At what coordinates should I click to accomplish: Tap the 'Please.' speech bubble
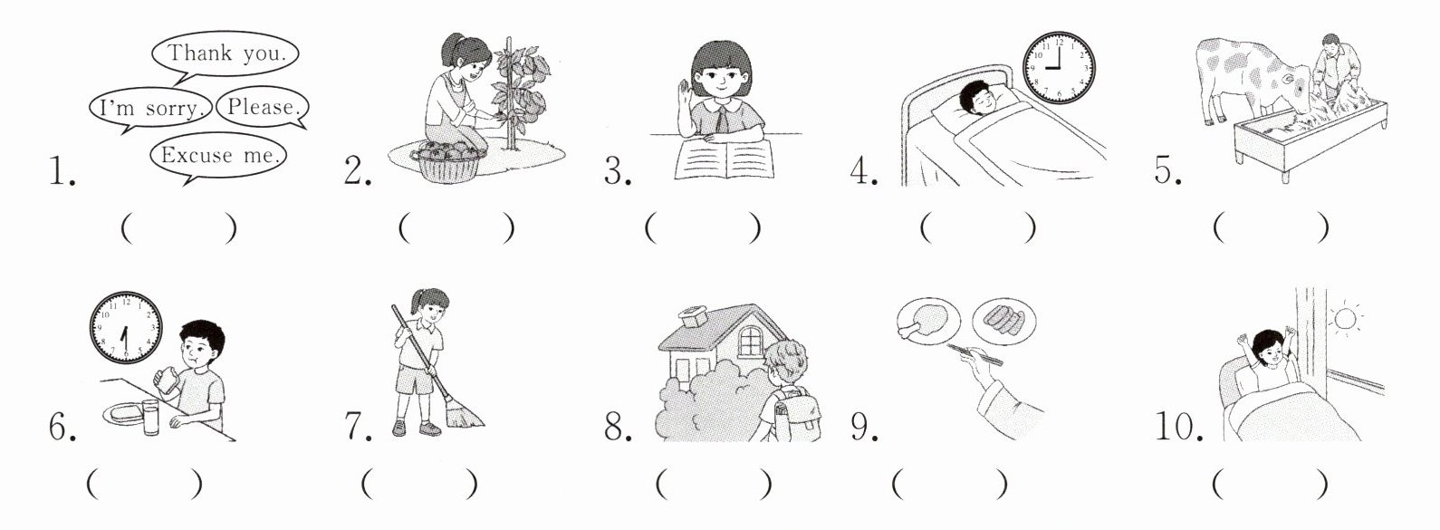263,108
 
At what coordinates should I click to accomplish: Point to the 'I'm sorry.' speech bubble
150,108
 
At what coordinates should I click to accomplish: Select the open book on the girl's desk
724,159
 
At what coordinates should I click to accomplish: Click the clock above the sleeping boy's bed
1058,68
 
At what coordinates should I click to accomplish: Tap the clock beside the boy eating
125,327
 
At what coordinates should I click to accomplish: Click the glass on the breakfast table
150,417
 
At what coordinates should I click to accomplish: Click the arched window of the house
751,341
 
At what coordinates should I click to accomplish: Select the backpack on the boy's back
798,414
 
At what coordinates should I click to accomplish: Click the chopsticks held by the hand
974,353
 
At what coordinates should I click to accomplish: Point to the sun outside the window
1345,319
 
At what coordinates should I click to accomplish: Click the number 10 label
1178,427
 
